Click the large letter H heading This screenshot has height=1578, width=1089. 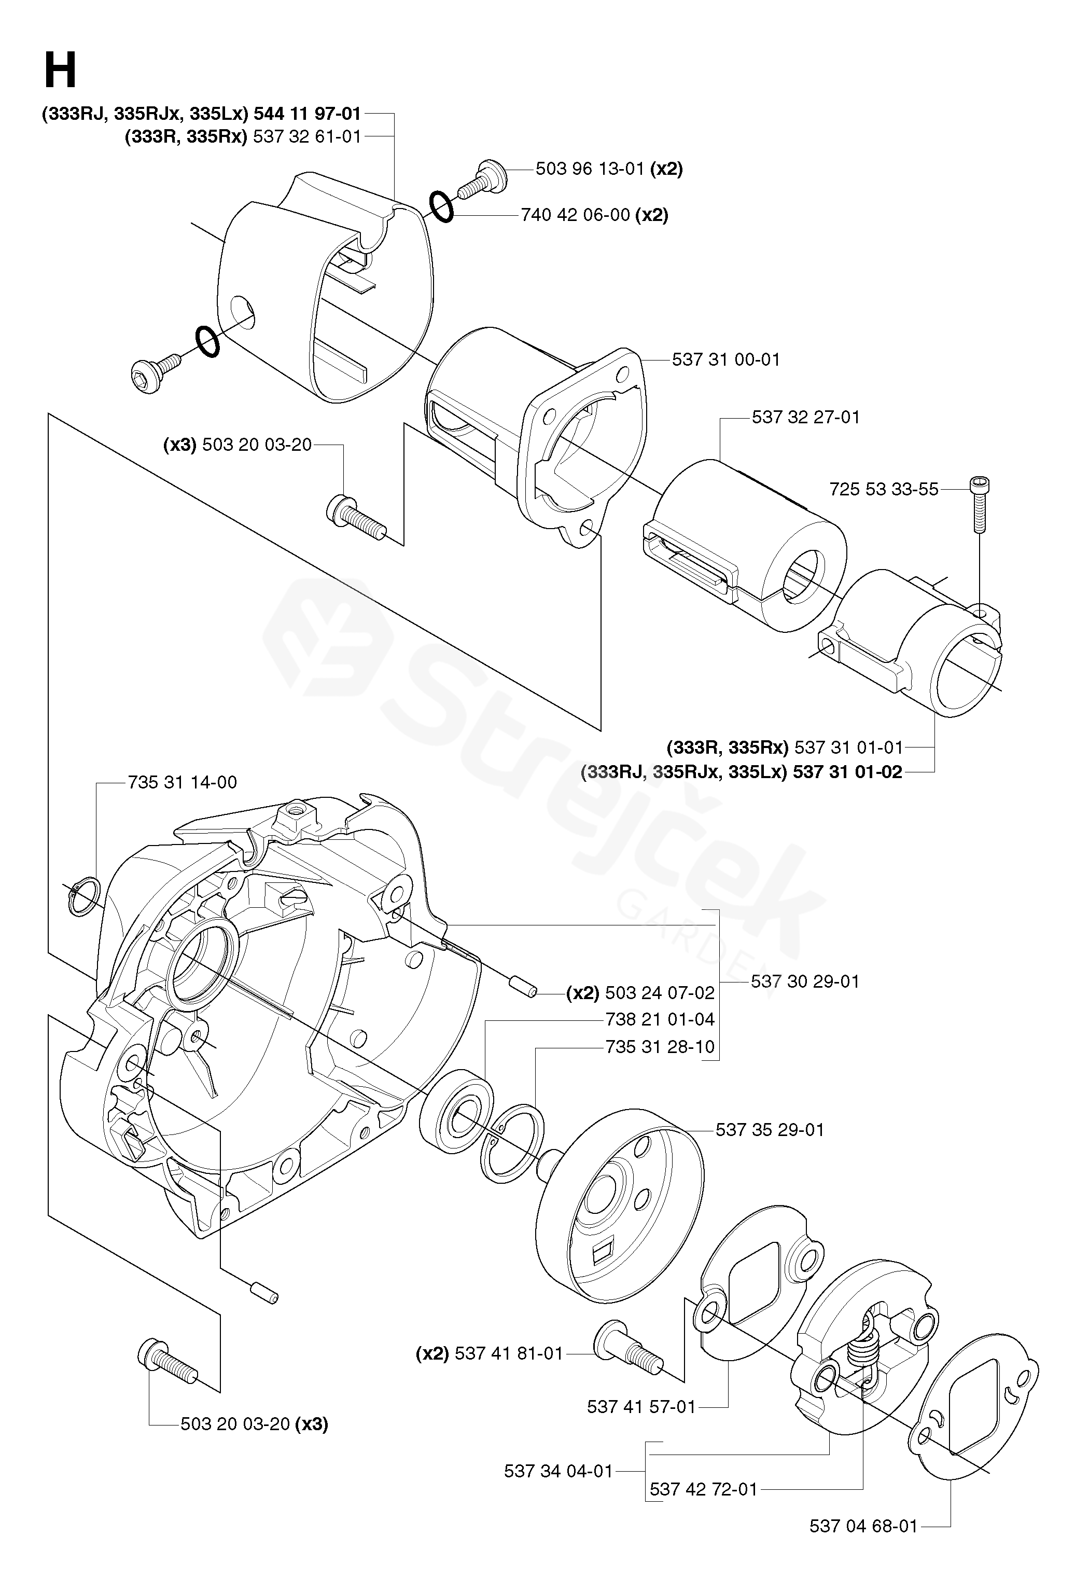coord(60,72)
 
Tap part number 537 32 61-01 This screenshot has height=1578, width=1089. coord(306,136)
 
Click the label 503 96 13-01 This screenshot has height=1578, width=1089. coord(590,169)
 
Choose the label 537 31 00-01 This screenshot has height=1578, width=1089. coord(726,359)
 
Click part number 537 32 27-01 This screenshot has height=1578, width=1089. coord(806,417)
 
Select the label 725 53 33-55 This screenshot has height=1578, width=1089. coord(884,489)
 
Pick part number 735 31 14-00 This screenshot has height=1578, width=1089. coord(182,782)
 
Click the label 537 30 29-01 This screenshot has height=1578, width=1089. coord(805,981)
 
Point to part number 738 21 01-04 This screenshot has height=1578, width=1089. coord(660,1020)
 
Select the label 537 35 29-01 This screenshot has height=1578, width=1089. coord(770,1130)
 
